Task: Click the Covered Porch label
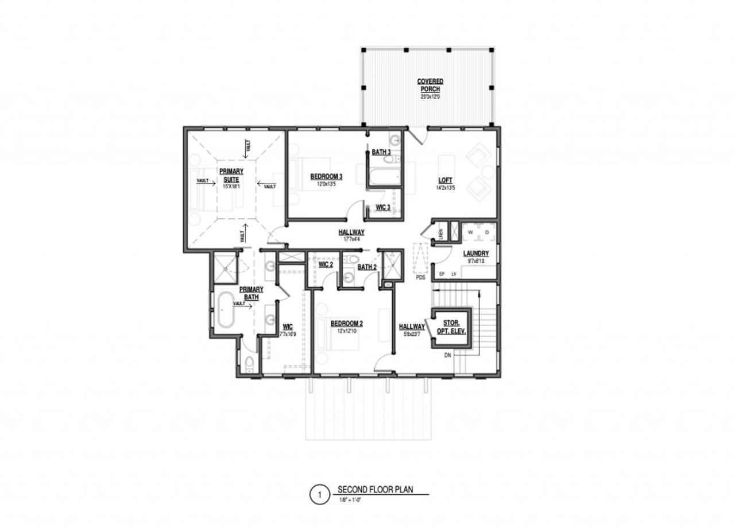(x=430, y=86)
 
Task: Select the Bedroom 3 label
(x=326, y=176)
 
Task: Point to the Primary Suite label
(x=231, y=175)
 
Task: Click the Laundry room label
(x=476, y=253)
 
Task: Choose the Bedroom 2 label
(x=346, y=324)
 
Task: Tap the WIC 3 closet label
(x=383, y=207)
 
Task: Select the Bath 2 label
(x=367, y=267)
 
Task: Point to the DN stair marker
(x=448, y=355)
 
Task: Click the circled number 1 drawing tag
(x=320, y=495)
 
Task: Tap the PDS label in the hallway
(x=421, y=277)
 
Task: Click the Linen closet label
(x=441, y=232)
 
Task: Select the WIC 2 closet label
(x=326, y=265)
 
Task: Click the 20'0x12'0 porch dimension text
(x=430, y=97)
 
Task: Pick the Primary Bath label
(x=251, y=293)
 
